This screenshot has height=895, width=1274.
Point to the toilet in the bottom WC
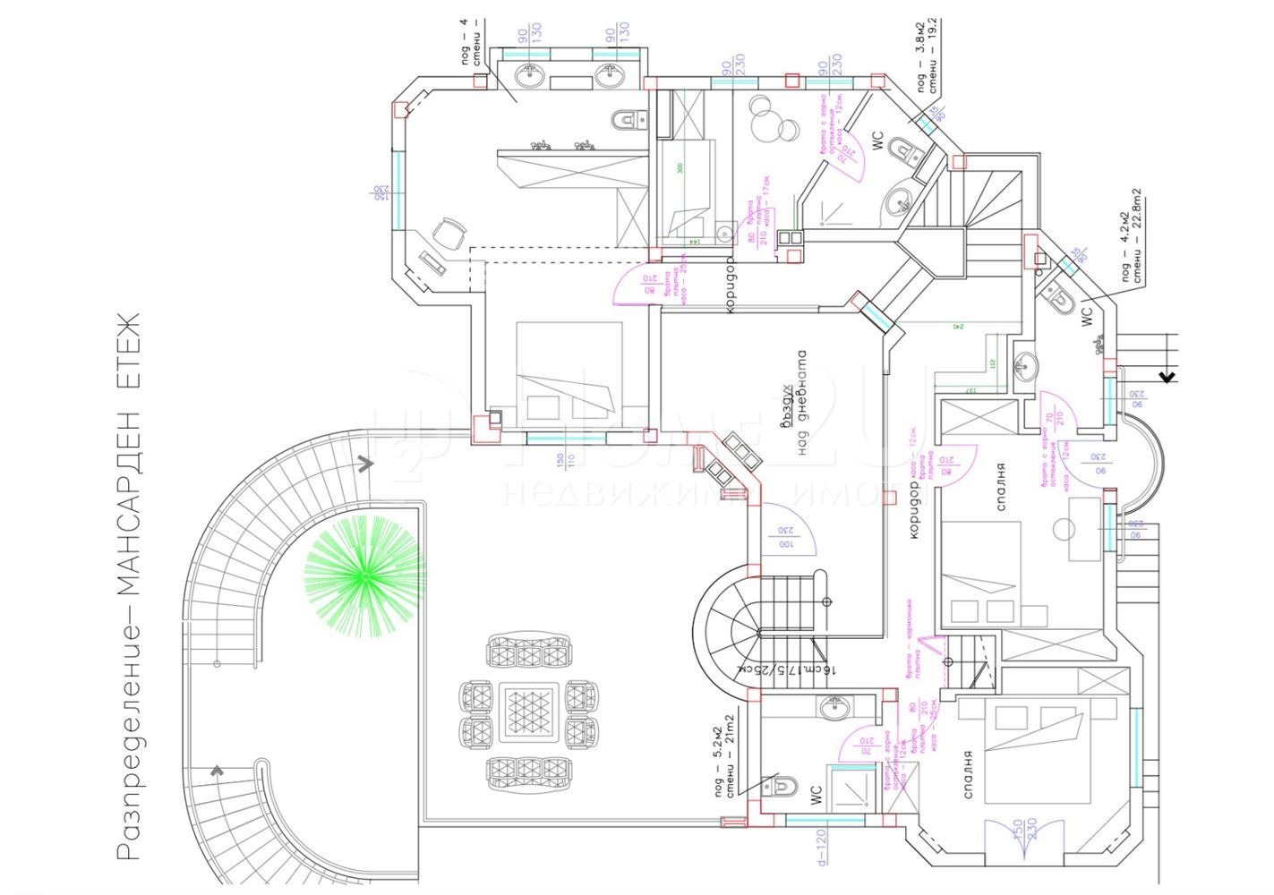point(781,786)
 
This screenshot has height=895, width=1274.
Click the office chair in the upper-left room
point(449,235)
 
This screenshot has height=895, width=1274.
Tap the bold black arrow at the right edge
point(1167,376)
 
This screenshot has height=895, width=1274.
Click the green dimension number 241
point(957,327)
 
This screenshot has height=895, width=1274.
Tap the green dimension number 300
point(680,169)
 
